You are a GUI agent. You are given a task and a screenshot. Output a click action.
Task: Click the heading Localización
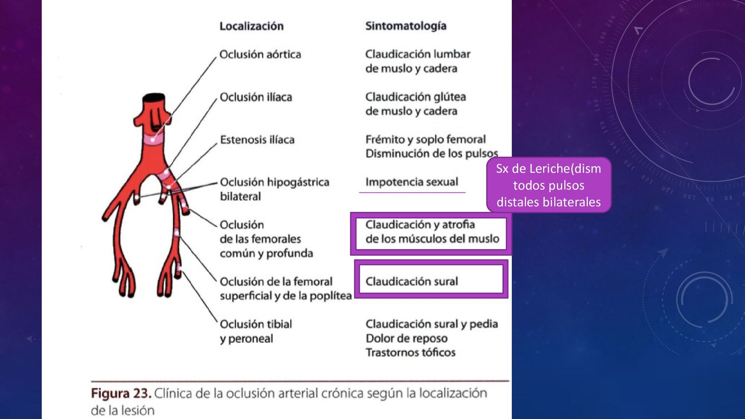coord(251,26)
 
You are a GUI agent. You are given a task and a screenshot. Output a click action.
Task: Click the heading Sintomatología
coord(405,26)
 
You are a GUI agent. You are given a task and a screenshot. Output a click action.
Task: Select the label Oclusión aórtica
coord(260,54)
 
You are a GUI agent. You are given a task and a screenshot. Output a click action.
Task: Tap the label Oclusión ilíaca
coord(256,97)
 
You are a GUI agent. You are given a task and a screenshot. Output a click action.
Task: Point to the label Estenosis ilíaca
coord(257,140)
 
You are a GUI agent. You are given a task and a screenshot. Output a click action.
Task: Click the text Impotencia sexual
coord(411,182)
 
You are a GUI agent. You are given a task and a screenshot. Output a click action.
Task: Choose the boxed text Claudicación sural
coord(411,281)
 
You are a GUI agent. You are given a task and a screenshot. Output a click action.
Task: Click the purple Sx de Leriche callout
coord(548,185)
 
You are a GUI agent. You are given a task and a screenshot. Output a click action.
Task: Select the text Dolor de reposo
coord(406,338)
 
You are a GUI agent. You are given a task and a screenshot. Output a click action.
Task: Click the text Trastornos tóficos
coord(410,353)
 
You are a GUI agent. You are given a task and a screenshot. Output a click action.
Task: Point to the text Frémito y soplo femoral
coord(425,139)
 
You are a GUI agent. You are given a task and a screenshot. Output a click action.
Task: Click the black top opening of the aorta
coord(154,97)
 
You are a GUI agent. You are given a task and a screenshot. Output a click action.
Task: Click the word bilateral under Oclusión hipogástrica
coord(240,197)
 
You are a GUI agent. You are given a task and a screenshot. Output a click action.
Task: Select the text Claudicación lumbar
coord(418,54)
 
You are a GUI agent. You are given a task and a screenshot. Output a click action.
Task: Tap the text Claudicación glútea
coord(415,97)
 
